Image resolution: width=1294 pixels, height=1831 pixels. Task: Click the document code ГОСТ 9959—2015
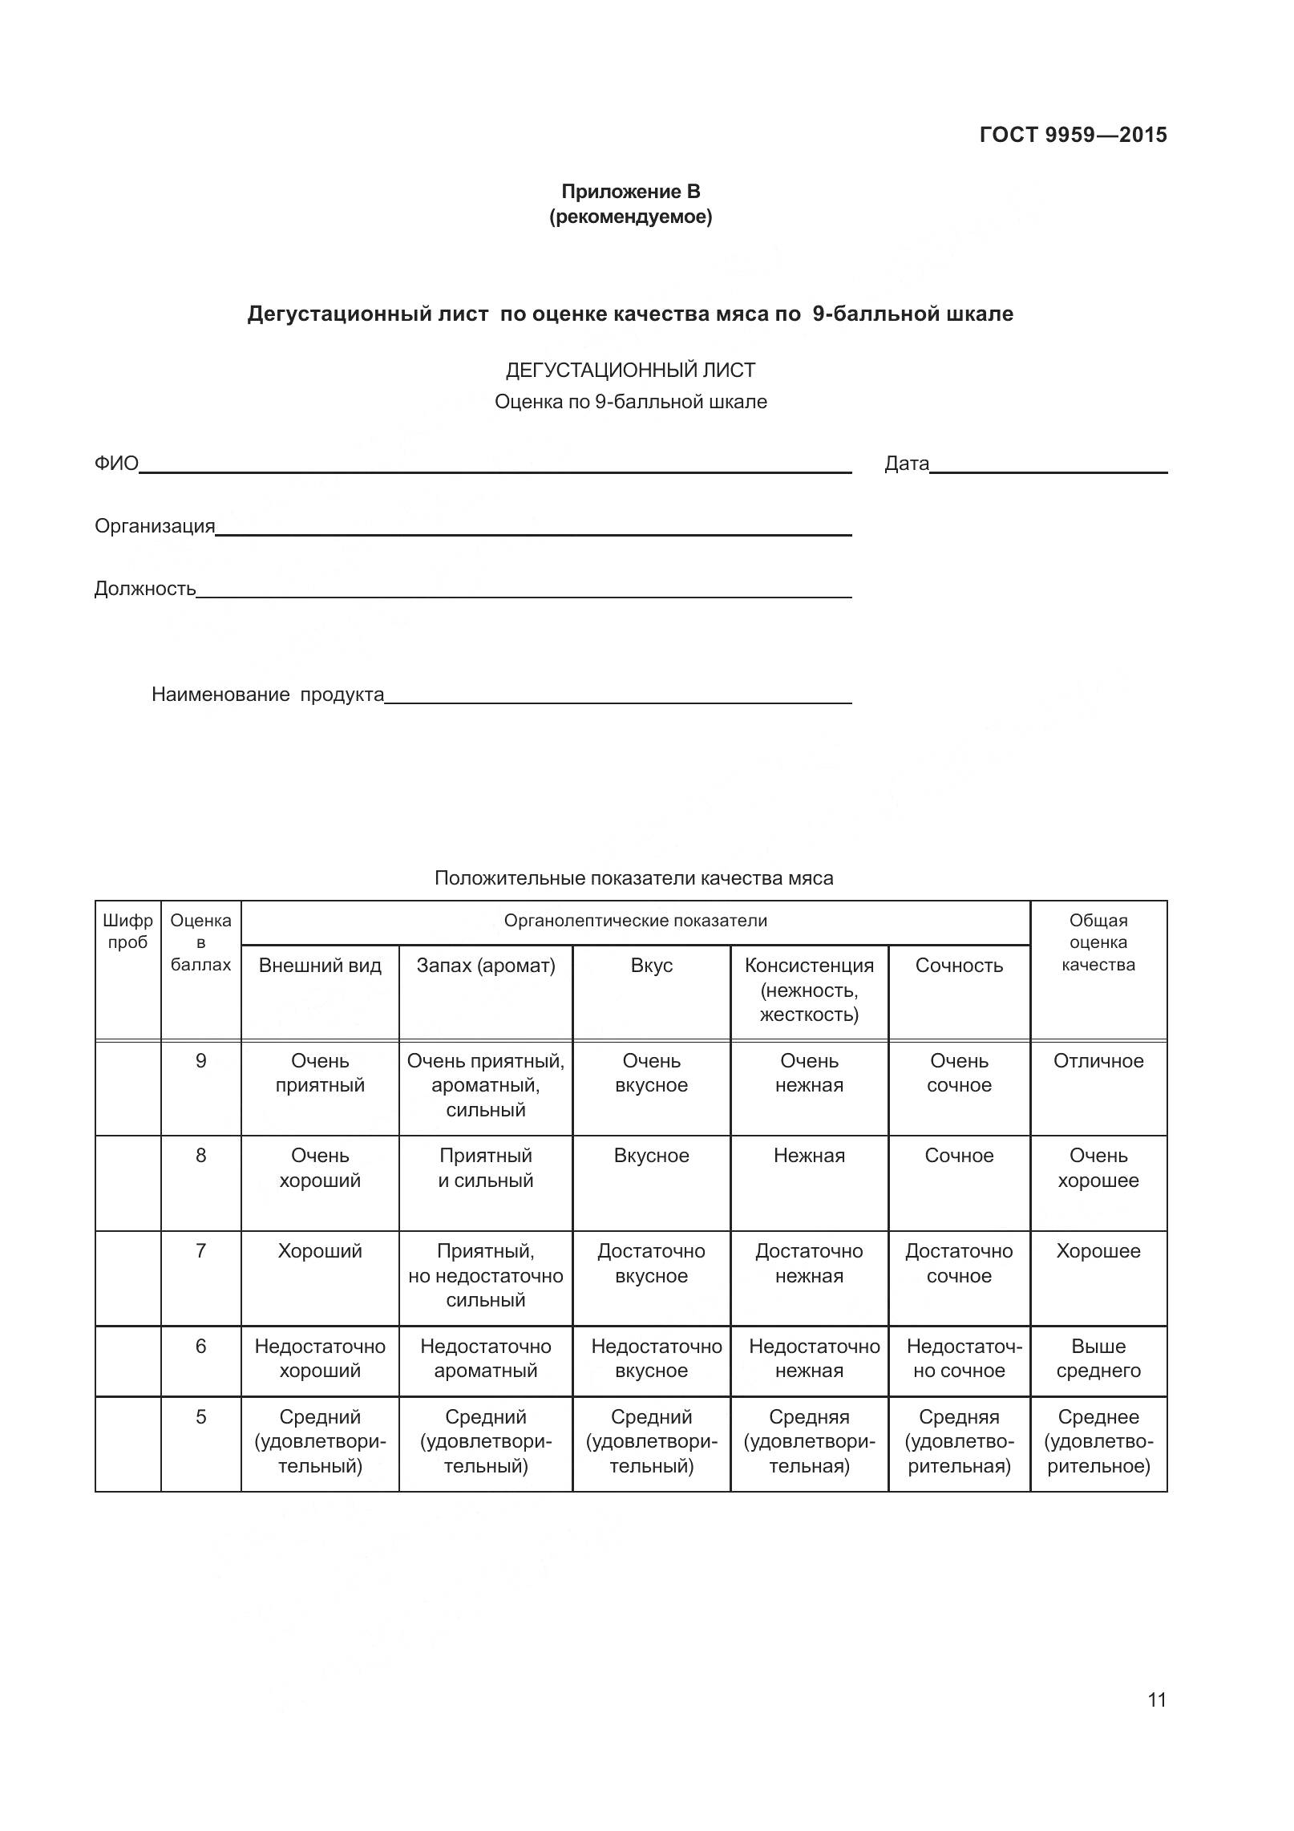pyautogui.click(x=1073, y=135)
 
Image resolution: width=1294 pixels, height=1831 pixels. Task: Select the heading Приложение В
pyautogui.click(x=630, y=192)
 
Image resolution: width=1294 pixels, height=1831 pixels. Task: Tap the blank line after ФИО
pyautogui.click(x=495, y=467)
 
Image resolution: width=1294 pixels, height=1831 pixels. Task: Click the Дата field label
pyautogui.click(x=906, y=464)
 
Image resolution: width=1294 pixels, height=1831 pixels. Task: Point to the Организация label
pyautogui.click(x=155, y=526)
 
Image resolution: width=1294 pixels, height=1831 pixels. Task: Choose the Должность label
pyautogui.click(x=145, y=589)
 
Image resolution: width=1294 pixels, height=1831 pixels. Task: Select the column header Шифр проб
pyautogui.click(x=127, y=932)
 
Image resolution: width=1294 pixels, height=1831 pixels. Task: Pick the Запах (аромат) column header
pyautogui.click(x=485, y=966)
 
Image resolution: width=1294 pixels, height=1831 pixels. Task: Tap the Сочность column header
pyautogui.click(x=959, y=966)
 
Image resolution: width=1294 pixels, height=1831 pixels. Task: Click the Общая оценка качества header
pyautogui.click(x=1098, y=942)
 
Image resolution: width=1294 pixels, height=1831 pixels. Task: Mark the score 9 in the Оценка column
pyautogui.click(x=200, y=1061)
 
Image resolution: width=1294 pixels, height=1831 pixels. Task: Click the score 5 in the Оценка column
pyautogui.click(x=200, y=1417)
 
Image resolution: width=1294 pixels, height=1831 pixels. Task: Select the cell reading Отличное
pyautogui.click(x=1098, y=1061)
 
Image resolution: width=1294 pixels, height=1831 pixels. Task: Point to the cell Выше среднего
pyautogui.click(x=1098, y=1359)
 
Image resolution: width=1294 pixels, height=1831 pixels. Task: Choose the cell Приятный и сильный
pyautogui.click(x=485, y=1168)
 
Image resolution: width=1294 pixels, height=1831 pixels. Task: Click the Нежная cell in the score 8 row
pyautogui.click(x=809, y=1156)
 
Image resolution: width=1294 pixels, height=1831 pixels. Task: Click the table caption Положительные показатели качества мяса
pyautogui.click(x=633, y=878)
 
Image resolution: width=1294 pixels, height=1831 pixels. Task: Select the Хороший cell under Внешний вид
pyautogui.click(x=320, y=1251)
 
